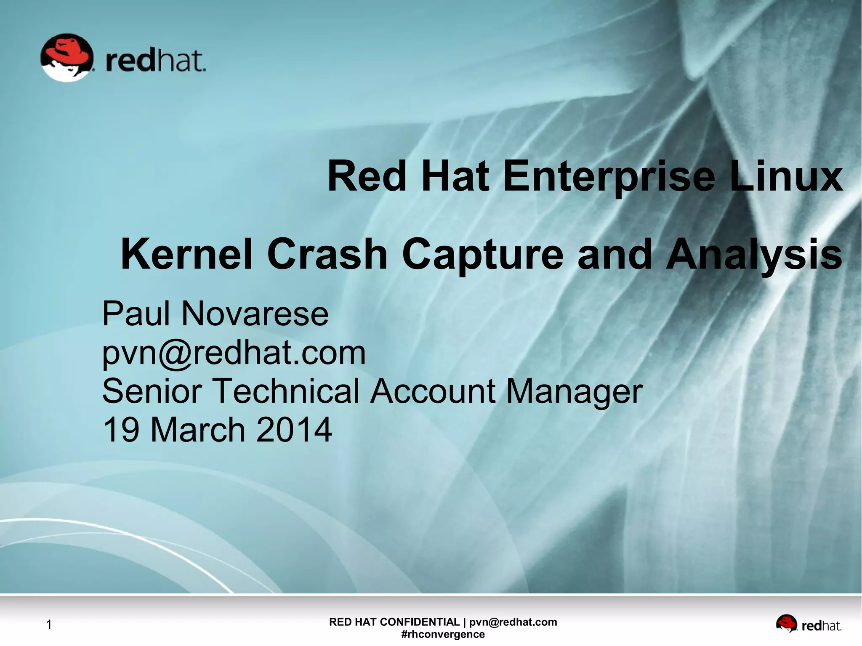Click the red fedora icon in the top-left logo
pyautogui.click(x=67, y=57)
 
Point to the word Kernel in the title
pyautogui.click(x=186, y=254)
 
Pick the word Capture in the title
pyautogui.click(x=482, y=255)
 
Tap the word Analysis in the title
pyautogui.click(x=754, y=255)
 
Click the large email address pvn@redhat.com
pyautogui.click(x=234, y=353)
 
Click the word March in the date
pyautogui.click(x=197, y=430)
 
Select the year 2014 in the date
pyautogui.click(x=294, y=430)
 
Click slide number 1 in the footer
pyautogui.click(x=49, y=625)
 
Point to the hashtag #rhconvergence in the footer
pyautogui.click(x=443, y=634)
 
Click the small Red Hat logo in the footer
pyautogui.click(x=808, y=625)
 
